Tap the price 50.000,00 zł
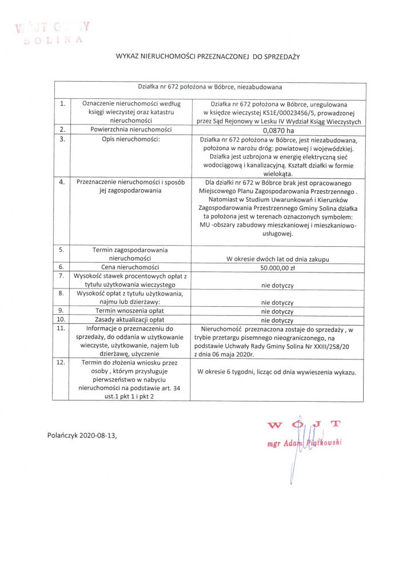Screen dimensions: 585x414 [x=277, y=267]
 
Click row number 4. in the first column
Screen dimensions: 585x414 [x=61, y=182]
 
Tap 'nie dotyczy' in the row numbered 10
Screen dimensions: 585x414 [x=277, y=320]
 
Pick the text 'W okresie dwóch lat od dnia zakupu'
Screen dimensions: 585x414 [x=277, y=259]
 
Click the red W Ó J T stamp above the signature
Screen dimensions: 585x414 [x=304, y=424]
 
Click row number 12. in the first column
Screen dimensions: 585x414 [x=61, y=363]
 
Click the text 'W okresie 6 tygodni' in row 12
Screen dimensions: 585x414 [x=225, y=372]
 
